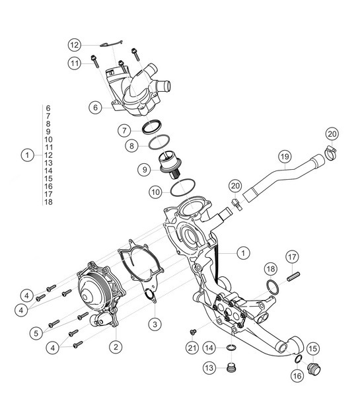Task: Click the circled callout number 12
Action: pyautogui.click(x=75, y=44)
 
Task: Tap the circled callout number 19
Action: pyautogui.click(x=284, y=157)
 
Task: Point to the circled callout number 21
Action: pyautogui.click(x=192, y=348)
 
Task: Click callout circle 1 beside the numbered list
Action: pyautogui.click(x=26, y=155)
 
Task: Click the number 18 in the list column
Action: pyautogui.click(x=48, y=202)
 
